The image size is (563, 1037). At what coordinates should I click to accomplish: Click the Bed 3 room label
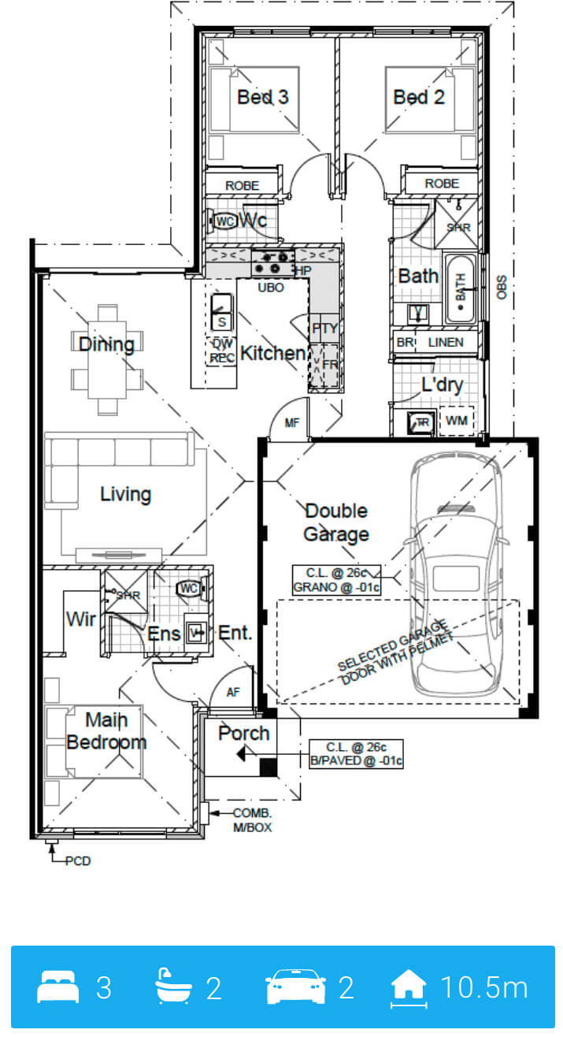pyautogui.click(x=263, y=97)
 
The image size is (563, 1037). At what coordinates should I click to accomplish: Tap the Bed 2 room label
pyautogui.click(x=419, y=97)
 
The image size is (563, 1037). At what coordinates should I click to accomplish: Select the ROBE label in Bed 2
pyautogui.click(x=442, y=184)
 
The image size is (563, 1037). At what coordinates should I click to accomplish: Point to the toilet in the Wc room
pyautogui.click(x=224, y=221)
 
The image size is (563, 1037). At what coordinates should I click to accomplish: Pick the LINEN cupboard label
pyautogui.click(x=446, y=343)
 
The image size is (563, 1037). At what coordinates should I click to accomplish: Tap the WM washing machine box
pyautogui.click(x=456, y=421)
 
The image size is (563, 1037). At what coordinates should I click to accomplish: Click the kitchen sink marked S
pyautogui.click(x=221, y=313)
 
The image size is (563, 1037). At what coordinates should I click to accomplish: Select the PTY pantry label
pyautogui.click(x=324, y=329)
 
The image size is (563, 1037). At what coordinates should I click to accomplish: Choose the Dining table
pyautogui.click(x=107, y=359)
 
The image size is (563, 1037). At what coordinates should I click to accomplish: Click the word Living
pyautogui.click(x=126, y=494)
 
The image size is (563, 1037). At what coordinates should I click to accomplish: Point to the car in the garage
pyautogui.click(x=455, y=574)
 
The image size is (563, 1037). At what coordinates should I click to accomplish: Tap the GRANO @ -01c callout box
pyautogui.click(x=336, y=580)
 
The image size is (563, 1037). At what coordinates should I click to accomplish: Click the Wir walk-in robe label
pyautogui.click(x=81, y=619)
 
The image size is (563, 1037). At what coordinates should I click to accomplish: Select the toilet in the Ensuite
pyautogui.click(x=191, y=589)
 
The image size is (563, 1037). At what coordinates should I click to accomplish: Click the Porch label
pyautogui.click(x=244, y=734)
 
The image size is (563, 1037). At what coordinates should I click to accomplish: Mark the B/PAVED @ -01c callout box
pyautogui.click(x=356, y=754)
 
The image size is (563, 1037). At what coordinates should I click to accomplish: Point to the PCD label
pyautogui.click(x=78, y=861)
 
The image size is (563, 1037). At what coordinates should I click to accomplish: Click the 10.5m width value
pyautogui.click(x=484, y=987)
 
